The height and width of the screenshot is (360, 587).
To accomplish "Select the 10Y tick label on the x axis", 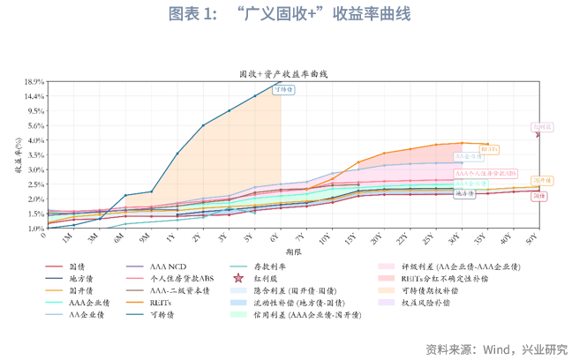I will (327, 237).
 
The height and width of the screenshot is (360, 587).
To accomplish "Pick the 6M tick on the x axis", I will (118, 237).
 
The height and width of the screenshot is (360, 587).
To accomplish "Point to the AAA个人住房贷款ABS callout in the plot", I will (485, 173).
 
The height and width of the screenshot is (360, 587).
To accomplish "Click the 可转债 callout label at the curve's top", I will (283, 89).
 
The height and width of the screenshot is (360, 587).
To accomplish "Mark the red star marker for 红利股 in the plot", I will (538, 134).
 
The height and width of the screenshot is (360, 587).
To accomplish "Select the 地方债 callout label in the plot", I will (464, 192).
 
